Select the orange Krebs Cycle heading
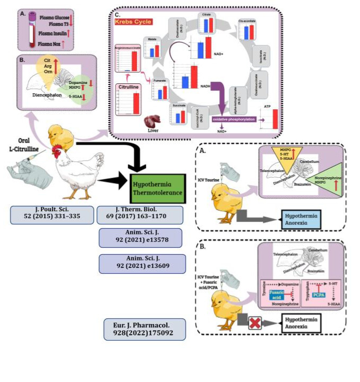pos(131,22)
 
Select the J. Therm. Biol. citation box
pos(141,214)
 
